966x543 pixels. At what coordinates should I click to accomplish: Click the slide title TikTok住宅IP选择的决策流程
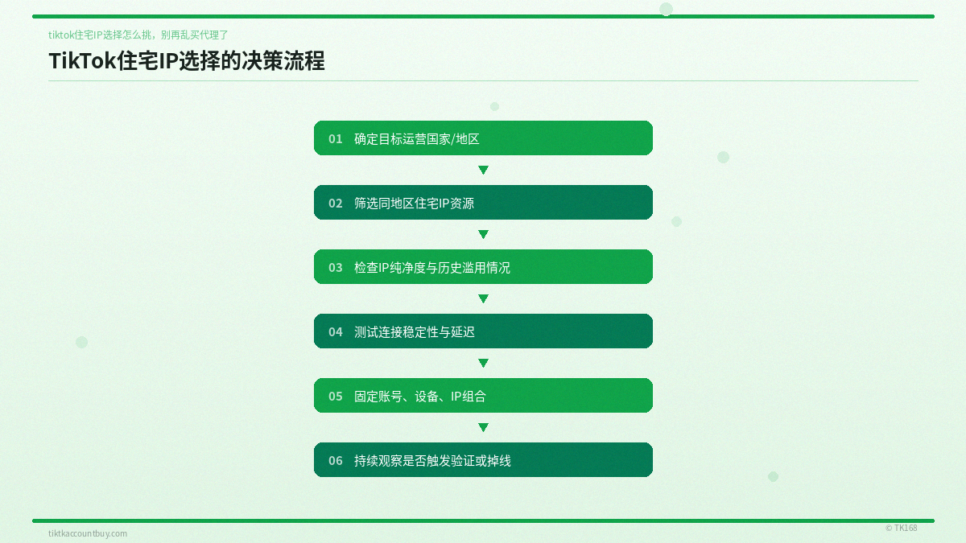pos(187,61)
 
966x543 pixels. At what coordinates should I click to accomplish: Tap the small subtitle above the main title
pos(138,35)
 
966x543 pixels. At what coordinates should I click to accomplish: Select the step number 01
pos(336,138)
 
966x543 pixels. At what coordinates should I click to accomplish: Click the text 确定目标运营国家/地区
pos(417,138)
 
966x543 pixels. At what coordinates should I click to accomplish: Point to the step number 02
pos(336,203)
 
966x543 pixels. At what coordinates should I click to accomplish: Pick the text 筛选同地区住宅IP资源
pos(414,203)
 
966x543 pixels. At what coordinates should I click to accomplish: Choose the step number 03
pos(336,267)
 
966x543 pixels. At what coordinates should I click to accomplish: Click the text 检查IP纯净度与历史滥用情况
pos(432,267)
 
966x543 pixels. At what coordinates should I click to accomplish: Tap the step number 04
pos(336,331)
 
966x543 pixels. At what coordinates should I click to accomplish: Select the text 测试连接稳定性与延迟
pos(415,331)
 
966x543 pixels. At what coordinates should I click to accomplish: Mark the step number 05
pos(336,396)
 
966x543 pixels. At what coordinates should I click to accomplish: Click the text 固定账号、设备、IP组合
pos(420,396)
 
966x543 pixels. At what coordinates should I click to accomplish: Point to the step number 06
pos(336,460)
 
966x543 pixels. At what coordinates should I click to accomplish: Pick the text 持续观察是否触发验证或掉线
pos(432,460)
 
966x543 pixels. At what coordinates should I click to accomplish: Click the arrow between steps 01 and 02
pos(483,170)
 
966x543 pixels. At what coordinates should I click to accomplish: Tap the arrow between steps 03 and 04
pos(483,298)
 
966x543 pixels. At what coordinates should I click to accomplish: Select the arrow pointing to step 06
pos(483,427)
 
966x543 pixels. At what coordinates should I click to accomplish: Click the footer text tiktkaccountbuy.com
pos(88,533)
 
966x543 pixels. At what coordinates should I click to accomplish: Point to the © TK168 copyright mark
pos(901,528)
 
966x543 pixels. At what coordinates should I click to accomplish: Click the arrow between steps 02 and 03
pos(483,234)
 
